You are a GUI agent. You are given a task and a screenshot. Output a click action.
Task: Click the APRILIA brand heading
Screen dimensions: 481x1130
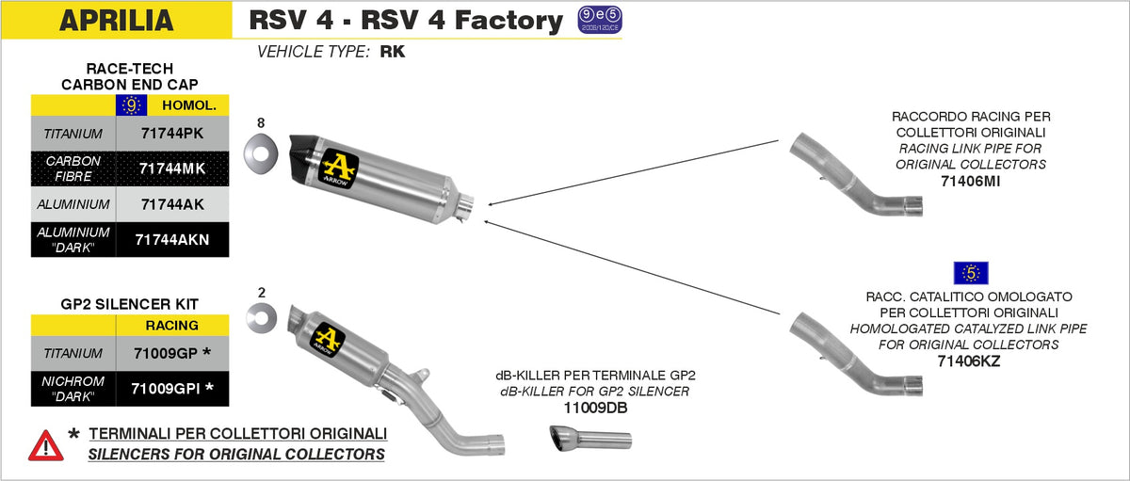click(116, 20)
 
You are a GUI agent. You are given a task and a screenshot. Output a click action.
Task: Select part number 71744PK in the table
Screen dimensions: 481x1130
click(170, 134)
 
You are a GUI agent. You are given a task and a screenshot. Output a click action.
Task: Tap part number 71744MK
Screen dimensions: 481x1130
click(170, 168)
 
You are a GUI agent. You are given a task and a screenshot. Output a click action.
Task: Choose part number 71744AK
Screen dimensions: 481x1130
click(170, 203)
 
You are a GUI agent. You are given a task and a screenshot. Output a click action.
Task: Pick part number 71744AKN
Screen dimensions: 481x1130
click(171, 239)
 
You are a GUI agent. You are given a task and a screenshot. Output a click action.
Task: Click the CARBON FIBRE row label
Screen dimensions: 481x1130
click(73, 168)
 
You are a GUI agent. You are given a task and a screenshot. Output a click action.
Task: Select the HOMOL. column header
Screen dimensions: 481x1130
click(189, 105)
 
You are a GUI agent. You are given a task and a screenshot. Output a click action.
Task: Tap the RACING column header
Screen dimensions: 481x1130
click(171, 326)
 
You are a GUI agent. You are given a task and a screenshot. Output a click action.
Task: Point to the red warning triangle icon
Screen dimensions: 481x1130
click(46, 445)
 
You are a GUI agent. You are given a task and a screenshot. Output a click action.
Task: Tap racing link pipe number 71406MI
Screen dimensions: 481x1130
click(969, 181)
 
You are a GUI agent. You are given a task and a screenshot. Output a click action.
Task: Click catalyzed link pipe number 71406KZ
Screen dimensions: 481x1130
click(969, 361)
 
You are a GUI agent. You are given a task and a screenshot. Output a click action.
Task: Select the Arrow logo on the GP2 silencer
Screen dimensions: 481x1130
click(329, 340)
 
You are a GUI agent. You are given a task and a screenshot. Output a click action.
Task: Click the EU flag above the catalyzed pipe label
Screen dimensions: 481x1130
click(969, 273)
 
